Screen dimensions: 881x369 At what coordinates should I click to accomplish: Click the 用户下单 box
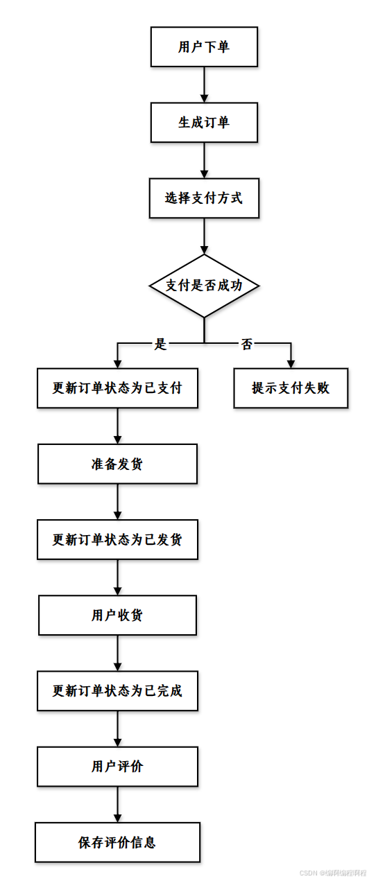(x=204, y=47)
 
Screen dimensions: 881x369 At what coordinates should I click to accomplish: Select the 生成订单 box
(x=204, y=123)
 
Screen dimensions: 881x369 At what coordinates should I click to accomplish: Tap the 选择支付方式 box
(x=204, y=198)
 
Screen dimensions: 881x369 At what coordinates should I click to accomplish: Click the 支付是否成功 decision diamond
(x=204, y=286)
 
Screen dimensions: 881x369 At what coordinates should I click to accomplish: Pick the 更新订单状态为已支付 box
(x=117, y=388)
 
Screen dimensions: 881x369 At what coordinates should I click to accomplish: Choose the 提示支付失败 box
(x=291, y=388)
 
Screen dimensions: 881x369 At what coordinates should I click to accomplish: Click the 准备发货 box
(x=117, y=464)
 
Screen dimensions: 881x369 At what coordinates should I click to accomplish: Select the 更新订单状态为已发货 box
(x=117, y=539)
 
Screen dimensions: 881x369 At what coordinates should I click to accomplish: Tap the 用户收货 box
(x=117, y=615)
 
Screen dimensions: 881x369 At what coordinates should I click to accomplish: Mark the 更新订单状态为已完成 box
(x=117, y=690)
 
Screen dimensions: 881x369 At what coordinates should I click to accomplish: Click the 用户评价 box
(x=117, y=766)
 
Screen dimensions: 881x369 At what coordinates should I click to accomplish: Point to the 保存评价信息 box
(x=117, y=842)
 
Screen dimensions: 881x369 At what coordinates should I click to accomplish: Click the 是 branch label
(x=161, y=344)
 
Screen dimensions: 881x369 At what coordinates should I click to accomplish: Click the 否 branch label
(x=247, y=344)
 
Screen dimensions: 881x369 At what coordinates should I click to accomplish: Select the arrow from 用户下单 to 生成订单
(x=204, y=85)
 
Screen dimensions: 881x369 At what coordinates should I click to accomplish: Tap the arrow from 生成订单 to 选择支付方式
(x=204, y=160)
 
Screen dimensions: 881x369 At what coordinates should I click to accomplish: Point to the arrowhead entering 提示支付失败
(x=291, y=363)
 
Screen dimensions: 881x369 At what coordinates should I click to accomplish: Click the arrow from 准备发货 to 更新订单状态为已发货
(x=117, y=501)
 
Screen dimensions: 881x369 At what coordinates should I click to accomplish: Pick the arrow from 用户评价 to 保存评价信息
(x=117, y=804)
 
